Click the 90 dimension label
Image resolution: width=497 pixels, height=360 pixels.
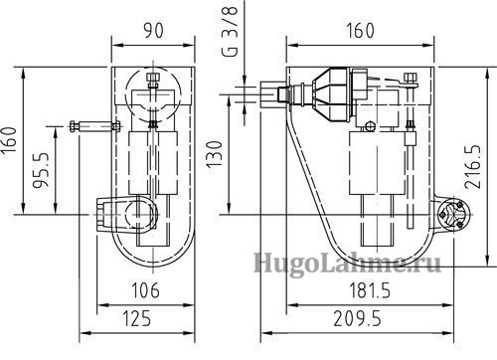pos(153,31)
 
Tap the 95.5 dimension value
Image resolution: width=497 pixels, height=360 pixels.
pos(41,170)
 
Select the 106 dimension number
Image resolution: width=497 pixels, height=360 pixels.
pos(145,290)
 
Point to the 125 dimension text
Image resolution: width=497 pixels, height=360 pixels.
pos(137,318)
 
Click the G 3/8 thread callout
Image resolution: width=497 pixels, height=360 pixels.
pos(231,32)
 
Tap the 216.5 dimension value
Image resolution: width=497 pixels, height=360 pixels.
pos(473,167)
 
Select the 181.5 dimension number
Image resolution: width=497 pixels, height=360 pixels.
pos(370,290)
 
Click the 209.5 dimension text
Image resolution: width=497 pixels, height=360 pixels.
pos(357,318)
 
